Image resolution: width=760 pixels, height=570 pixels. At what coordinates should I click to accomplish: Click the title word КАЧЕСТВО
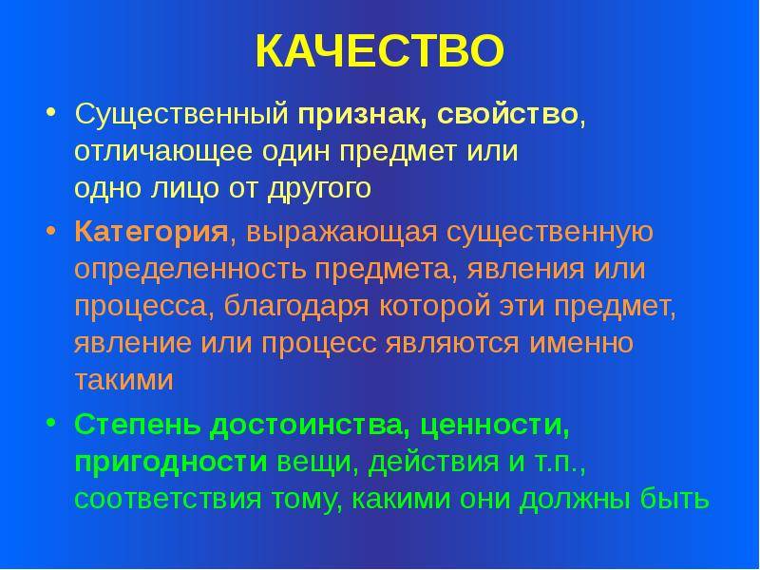pos(380,51)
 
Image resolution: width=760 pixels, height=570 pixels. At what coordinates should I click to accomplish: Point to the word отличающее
pos(163,152)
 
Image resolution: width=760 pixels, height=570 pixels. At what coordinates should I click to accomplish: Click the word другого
pos(319,189)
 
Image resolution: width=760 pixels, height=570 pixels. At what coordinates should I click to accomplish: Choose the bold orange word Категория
pos(151,233)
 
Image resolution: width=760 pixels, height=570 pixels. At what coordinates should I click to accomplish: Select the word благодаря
pos(296,307)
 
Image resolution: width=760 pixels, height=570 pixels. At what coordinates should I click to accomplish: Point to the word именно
pos(581,343)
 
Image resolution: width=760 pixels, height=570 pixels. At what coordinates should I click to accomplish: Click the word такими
pos(124,380)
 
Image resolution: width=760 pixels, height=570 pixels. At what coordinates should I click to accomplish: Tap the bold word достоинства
pos(307,426)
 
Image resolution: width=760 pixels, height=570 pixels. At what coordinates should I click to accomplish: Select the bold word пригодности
pos(171,463)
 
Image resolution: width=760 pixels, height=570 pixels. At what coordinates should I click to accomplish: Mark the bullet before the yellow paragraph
pos(51,111)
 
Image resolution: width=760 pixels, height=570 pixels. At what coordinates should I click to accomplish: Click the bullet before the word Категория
pos(51,229)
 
